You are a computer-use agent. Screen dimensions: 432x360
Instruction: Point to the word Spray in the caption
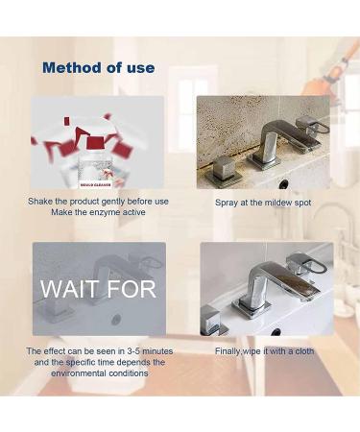(x=228, y=204)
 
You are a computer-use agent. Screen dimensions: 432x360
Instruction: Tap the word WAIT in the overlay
(x=69, y=289)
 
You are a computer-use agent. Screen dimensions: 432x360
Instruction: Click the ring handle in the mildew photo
(x=318, y=125)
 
